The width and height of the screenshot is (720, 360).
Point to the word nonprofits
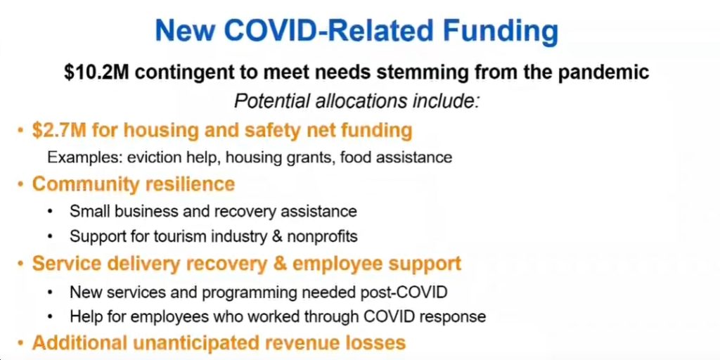pyautogui.click(x=322, y=236)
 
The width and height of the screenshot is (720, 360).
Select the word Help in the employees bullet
pyautogui.click(x=84, y=316)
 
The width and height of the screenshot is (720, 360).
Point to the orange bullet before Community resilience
pyautogui.click(x=20, y=185)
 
